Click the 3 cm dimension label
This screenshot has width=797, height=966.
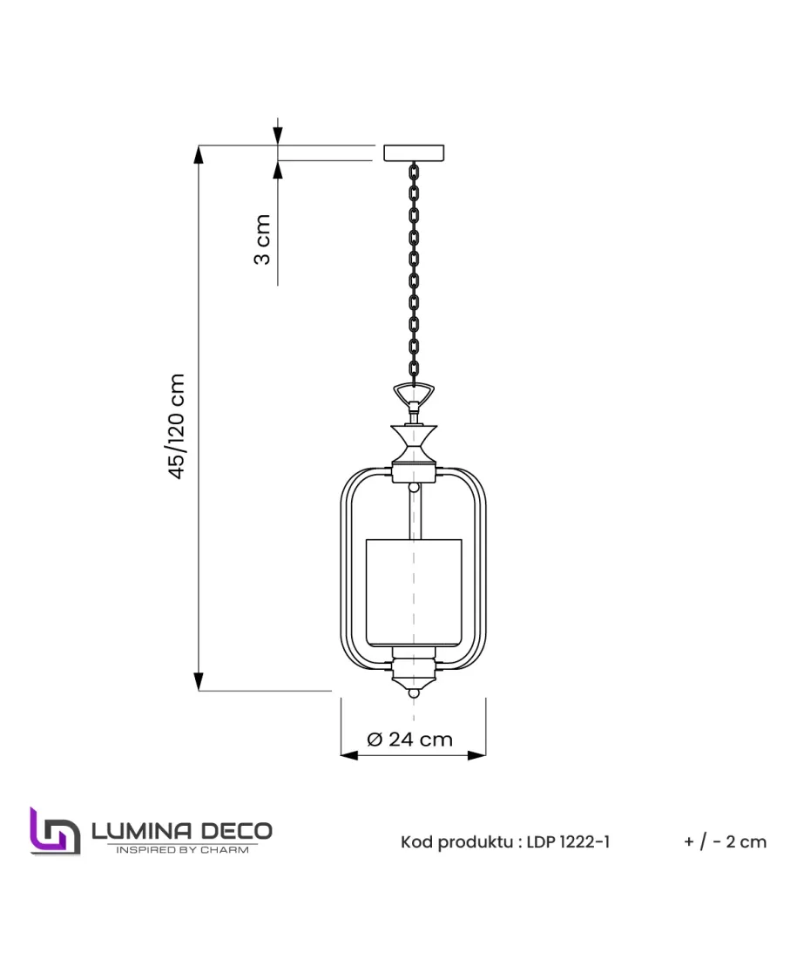click(262, 239)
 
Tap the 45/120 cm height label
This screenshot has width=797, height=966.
click(176, 426)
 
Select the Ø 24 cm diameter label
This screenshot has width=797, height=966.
click(409, 739)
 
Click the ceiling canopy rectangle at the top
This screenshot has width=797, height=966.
click(413, 152)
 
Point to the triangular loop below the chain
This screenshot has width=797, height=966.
click(414, 393)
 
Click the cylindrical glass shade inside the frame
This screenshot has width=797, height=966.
click(413, 592)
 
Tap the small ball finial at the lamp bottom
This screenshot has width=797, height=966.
click(414, 693)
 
